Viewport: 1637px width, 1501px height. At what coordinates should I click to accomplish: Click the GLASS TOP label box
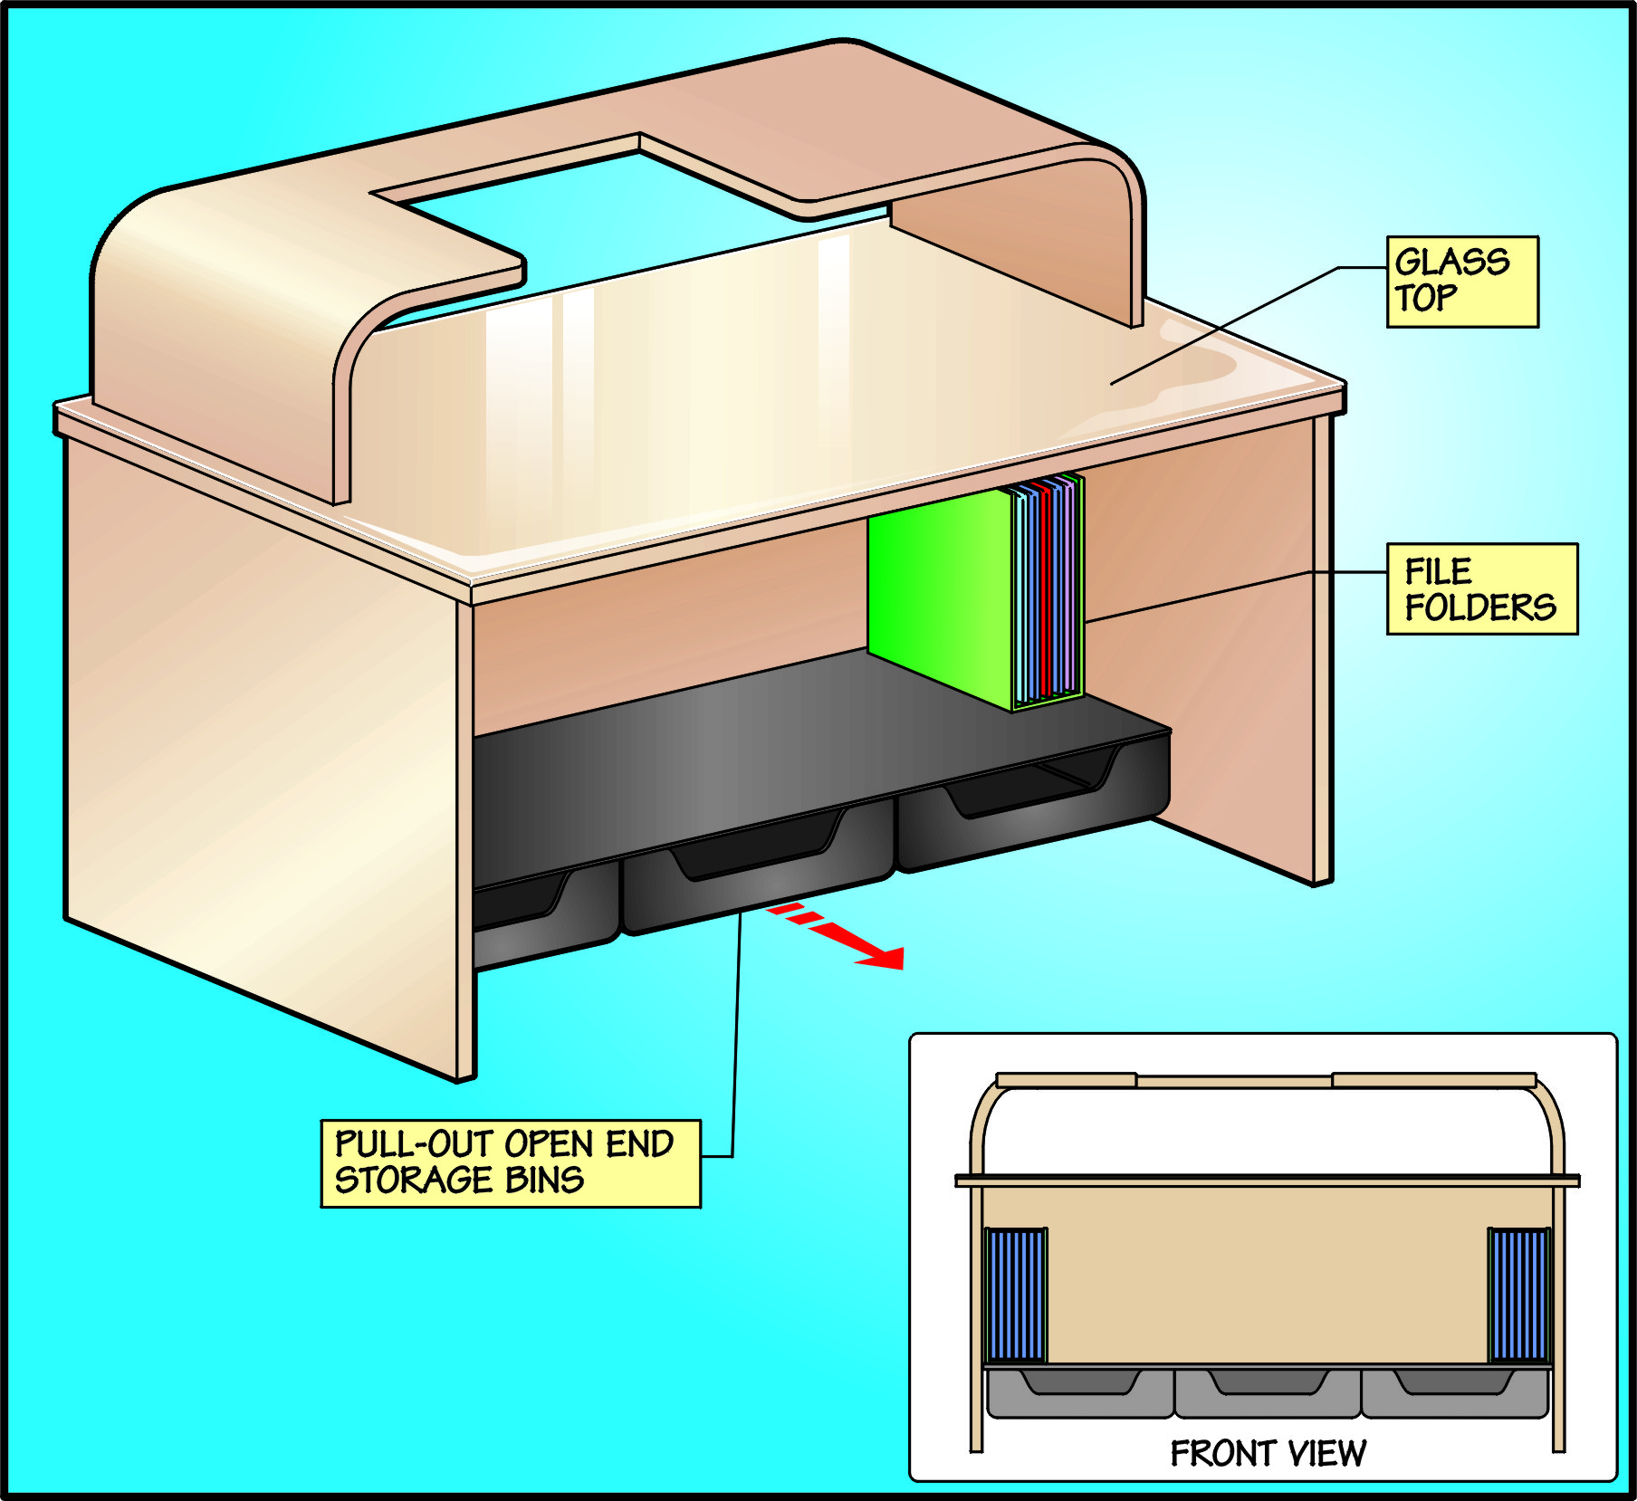tap(1461, 282)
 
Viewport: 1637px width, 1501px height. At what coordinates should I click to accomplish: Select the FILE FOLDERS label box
tap(1481, 589)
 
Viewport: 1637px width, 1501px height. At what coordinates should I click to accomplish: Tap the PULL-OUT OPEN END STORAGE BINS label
tap(511, 1163)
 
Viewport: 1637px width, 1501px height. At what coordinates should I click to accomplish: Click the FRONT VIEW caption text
tap(1268, 1453)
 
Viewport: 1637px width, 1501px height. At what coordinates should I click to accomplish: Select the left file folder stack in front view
tap(1015, 1295)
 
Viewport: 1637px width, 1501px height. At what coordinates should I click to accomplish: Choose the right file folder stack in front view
tap(1519, 1295)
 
